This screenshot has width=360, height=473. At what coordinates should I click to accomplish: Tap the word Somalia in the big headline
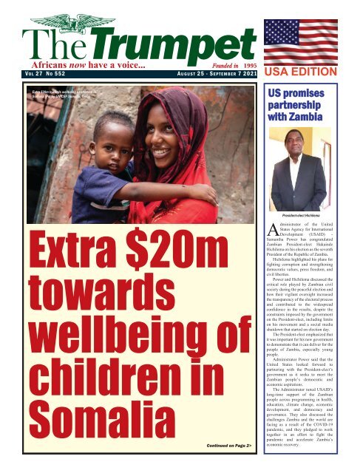click(x=88, y=424)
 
